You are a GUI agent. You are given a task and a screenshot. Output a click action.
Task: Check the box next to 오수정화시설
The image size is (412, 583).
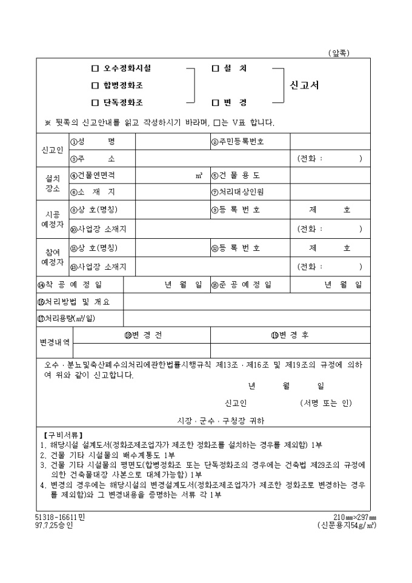[95, 68]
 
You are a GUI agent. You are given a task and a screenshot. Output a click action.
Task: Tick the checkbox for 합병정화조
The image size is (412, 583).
[95, 85]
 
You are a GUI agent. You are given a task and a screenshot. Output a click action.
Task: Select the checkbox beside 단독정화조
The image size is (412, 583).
[95, 102]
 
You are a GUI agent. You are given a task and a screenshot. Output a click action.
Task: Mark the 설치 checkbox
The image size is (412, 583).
[215, 68]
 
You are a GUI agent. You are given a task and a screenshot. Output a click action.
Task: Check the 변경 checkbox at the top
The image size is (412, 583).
[215, 102]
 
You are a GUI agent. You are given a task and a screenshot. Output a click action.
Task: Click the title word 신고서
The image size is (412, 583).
[305, 85]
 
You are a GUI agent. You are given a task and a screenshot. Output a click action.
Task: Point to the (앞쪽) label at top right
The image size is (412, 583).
[339, 53]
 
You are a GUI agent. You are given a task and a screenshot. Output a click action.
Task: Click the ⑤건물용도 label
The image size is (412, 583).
[236, 175]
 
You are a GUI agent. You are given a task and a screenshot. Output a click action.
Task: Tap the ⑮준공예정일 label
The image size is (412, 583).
[241, 284]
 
